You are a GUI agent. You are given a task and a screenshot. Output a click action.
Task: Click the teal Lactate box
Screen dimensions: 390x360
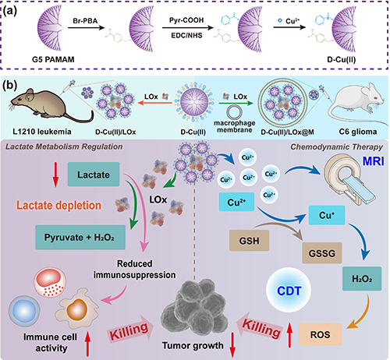point(94,175)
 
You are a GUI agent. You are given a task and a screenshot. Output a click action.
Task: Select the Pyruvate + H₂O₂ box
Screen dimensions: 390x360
point(80,238)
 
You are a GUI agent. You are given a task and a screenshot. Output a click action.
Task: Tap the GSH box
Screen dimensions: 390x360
point(249,241)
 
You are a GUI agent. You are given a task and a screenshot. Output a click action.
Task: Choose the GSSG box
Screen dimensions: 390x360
point(322,253)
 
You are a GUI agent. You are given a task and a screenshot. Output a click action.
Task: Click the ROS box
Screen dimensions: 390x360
point(321,334)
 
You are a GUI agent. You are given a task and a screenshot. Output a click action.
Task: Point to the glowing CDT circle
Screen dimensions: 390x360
point(289,291)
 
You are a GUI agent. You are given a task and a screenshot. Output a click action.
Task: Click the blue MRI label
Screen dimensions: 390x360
point(374,161)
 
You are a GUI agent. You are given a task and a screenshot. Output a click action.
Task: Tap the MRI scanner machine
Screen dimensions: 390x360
point(349,181)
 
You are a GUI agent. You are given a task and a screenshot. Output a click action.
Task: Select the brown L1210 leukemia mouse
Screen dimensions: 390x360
point(51,105)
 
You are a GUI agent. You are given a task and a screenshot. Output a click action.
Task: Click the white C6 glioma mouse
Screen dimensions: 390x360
point(357,103)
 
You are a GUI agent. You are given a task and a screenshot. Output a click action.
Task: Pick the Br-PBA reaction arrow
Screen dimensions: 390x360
point(86,27)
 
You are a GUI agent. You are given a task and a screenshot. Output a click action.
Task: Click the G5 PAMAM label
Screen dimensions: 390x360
point(53,59)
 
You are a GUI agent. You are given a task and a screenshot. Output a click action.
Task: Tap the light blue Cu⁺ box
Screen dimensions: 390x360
point(327,215)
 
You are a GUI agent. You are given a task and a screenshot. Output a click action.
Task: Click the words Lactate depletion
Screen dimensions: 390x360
point(59,205)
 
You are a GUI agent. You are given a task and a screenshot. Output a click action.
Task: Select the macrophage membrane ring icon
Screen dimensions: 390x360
point(234,113)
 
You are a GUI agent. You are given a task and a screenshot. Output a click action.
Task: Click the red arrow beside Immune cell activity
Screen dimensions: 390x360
point(87,344)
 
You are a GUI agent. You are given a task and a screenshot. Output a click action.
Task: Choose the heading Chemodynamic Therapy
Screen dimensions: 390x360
point(337,147)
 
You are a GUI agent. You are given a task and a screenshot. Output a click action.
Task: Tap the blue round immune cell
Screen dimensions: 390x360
point(24,311)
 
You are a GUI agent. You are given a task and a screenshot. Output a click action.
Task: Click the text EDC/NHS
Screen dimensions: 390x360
point(186,35)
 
